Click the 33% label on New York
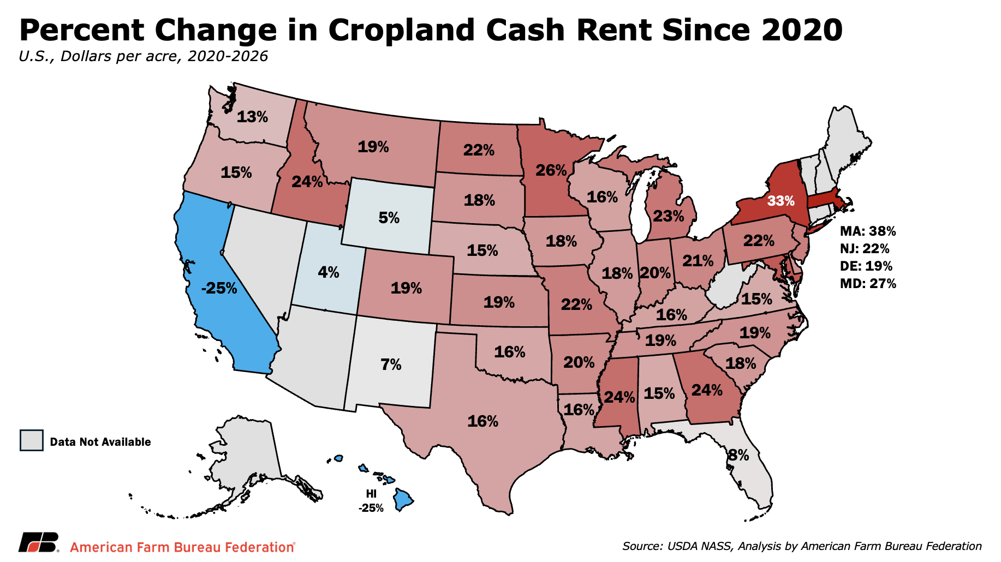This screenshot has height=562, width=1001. point(780,201)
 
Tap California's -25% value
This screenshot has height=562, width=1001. point(219,288)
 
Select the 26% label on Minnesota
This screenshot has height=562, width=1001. point(551,170)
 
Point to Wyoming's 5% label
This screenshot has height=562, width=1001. point(389,218)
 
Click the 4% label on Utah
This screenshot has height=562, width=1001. point(329,272)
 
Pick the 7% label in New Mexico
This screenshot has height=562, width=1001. point(391,364)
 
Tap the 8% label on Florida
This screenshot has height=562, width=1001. point(738,455)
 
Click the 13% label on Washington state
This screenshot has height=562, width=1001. point(253,116)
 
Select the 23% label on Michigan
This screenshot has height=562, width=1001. point(669,216)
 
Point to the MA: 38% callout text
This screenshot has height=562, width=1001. point(868,231)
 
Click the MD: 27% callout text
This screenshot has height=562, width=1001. point(868,283)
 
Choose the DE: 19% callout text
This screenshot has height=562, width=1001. point(866,266)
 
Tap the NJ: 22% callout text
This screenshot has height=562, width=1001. point(865,248)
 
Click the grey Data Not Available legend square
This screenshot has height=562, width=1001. point(32,440)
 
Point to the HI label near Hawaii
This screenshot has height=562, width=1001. point(371,494)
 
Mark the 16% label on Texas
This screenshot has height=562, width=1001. point(483,421)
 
